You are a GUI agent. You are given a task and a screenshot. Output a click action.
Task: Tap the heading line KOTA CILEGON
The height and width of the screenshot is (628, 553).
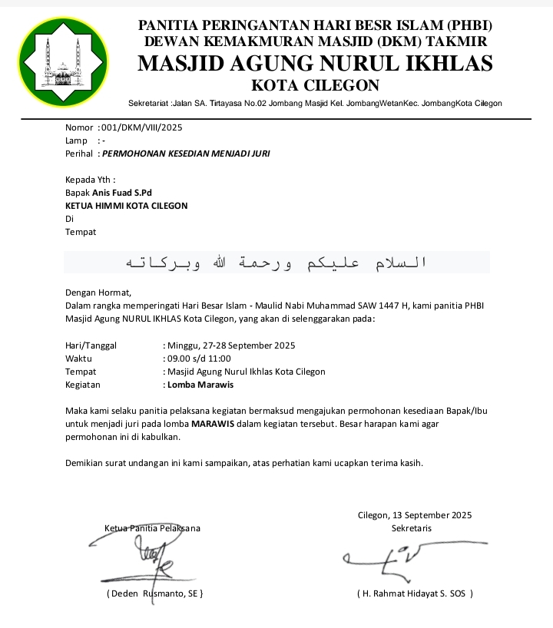[x=315, y=85]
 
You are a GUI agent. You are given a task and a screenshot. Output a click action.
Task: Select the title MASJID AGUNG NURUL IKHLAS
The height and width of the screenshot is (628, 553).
[x=315, y=64]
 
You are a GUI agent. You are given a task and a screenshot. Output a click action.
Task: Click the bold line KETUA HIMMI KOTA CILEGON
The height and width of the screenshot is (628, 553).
[x=127, y=206]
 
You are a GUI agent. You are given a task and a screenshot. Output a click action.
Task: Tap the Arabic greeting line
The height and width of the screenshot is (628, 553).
[x=276, y=263]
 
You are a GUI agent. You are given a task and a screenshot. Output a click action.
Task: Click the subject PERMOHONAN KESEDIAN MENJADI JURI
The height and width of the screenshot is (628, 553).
[x=186, y=154]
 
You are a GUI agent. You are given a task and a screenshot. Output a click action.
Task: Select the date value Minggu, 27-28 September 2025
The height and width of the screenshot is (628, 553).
[x=231, y=345]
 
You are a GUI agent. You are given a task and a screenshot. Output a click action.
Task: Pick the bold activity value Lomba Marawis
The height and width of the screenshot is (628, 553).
[x=200, y=385]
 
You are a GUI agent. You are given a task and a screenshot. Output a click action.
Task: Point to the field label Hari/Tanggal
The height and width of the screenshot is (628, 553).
[x=91, y=345]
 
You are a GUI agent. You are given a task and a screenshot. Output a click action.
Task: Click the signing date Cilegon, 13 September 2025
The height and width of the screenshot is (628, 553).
[x=415, y=515]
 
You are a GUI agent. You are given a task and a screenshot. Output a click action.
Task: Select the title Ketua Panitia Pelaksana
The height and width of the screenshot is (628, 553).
[x=152, y=528]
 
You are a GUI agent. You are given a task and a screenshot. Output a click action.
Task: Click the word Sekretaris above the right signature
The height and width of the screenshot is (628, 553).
[x=412, y=528]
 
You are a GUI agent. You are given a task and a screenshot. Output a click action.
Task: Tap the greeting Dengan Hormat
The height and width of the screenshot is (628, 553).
[x=98, y=292]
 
